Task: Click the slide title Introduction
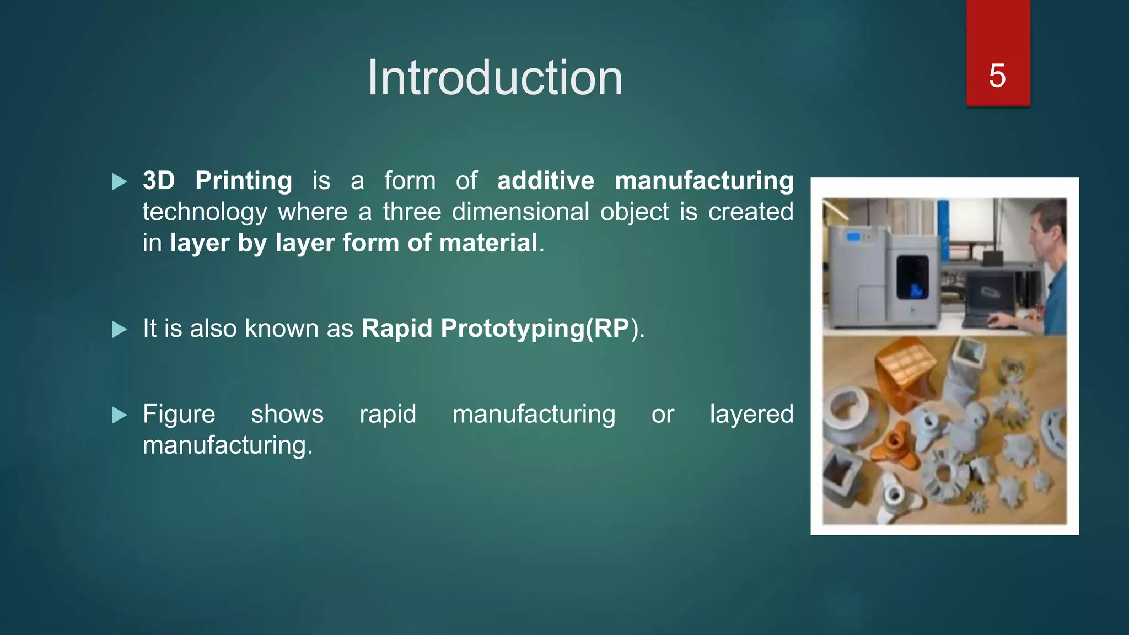tap(494, 78)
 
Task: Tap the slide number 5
tap(997, 76)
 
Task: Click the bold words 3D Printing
tap(217, 181)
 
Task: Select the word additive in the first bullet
tap(545, 181)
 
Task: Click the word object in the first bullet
tap(634, 212)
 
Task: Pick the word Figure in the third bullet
tap(179, 415)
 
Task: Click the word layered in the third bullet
tap(751, 415)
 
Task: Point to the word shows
tap(287, 415)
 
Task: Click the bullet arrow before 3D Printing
tap(119, 181)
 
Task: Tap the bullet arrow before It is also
tap(119, 330)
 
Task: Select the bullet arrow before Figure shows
tap(119, 415)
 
